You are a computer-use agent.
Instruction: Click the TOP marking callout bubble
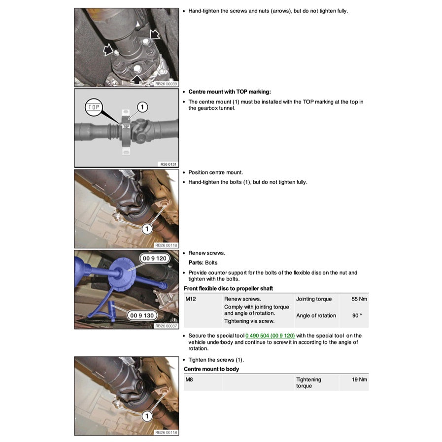click(x=93, y=107)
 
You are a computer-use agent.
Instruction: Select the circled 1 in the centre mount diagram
click(x=141, y=106)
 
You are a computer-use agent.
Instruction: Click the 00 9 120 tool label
click(x=154, y=258)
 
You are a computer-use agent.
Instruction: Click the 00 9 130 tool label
click(x=141, y=315)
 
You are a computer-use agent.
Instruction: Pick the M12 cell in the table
click(x=191, y=299)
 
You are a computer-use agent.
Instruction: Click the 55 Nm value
click(x=360, y=299)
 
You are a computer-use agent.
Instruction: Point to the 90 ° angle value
click(x=357, y=315)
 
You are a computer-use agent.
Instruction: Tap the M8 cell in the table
click(x=190, y=379)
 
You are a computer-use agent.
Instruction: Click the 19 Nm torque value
click(x=360, y=379)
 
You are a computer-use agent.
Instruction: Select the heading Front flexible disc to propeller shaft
click(x=228, y=288)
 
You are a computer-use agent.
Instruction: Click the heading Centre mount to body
click(x=211, y=369)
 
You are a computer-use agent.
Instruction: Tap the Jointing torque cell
click(x=314, y=299)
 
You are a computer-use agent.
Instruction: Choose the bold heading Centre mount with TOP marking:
click(x=230, y=92)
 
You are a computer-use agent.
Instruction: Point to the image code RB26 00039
click(x=166, y=84)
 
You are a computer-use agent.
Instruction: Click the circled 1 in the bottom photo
click(x=146, y=416)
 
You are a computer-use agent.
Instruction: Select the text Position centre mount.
click(x=216, y=172)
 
